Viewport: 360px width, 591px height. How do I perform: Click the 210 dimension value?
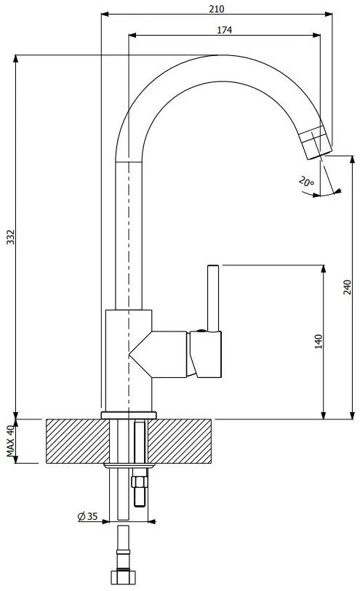click(217, 9)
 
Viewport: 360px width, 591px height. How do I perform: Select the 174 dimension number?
click(224, 30)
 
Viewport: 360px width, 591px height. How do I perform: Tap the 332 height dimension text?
click(11, 237)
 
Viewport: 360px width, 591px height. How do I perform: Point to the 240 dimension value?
click(347, 288)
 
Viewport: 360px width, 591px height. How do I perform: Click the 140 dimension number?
click(319, 342)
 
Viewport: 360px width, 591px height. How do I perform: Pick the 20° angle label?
click(306, 182)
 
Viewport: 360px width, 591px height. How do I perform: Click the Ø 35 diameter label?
click(87, 516)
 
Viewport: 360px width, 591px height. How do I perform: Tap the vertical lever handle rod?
click(213, 298)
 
